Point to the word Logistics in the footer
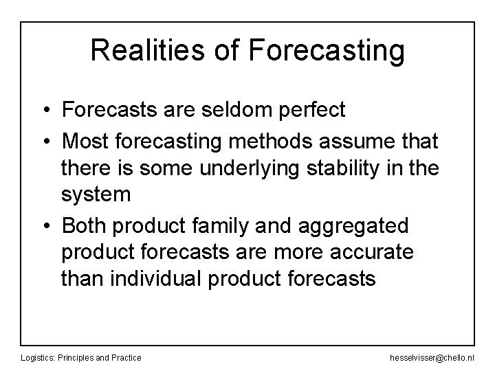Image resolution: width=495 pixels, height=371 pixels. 38,357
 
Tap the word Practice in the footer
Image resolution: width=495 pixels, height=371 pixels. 126,357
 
